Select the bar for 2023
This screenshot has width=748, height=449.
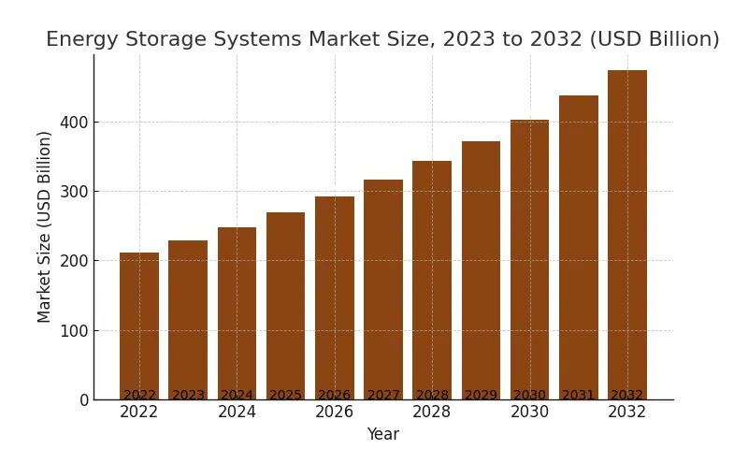pos(188,318)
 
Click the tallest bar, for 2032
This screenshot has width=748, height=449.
pos(627,234)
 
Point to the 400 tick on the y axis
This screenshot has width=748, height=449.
pos(74,123)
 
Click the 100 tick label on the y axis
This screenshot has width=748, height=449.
pos(74,331)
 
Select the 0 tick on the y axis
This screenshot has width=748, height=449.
pos(84,400)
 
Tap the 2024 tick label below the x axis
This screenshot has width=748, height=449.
pos(237,413)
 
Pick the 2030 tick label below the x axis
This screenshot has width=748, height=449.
pos(529,413)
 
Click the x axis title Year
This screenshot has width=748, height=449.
pos(382,435)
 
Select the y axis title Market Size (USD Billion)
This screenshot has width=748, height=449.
pos(45,226)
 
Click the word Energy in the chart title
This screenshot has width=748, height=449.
pos(79,40)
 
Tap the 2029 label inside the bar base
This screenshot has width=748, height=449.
pos(481,396)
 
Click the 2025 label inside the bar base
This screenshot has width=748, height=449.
pos(285,396)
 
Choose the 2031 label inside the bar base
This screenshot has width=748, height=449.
pos(579,396)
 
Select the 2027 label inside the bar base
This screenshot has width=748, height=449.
pos(383,396)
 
